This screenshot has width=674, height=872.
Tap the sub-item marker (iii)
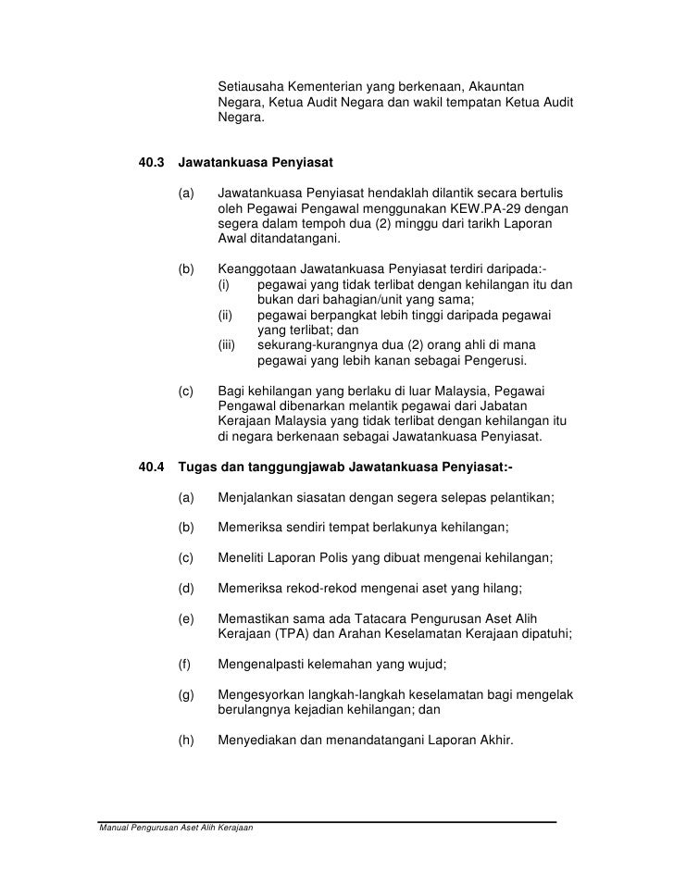tap(228, 344)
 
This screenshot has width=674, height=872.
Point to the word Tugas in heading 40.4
tap(197, 467)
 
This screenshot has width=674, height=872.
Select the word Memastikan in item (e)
tap(255, 617)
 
